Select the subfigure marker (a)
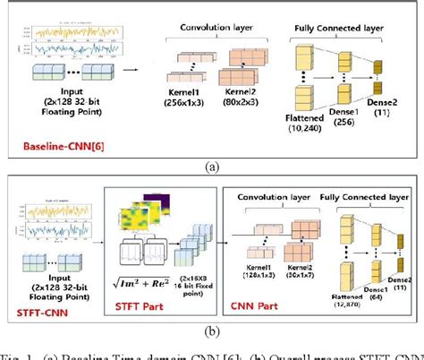coord(213,165)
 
